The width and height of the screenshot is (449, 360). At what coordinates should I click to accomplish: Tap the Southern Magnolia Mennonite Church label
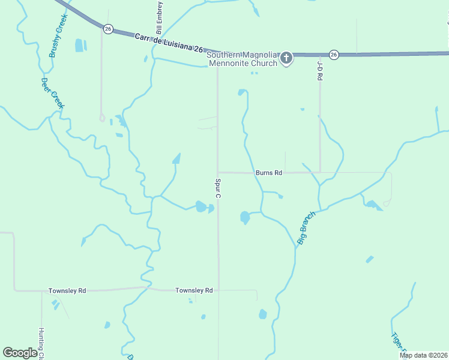pyautogui.click(x=242, y=59)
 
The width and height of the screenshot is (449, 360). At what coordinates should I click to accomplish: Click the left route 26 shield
pyautogui.click(x=108, y=29)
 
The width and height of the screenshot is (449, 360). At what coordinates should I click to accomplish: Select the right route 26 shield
pyautogui.click(x=334, y=55)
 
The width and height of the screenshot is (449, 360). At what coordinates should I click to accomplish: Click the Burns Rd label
pyautogui.click(x=268, y=173)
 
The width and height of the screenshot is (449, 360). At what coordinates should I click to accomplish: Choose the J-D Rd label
pyautogui.click(x=320, y=71)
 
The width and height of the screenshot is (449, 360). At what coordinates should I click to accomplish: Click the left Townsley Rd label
pyautogui.click(x=67, y=291)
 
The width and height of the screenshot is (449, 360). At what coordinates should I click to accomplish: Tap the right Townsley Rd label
pyautogui.click(x=194, y=290)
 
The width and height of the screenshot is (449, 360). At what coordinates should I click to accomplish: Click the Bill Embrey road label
pyautogui.click(x=160, y=17)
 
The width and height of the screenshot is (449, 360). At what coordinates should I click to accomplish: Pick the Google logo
pyautogui.click(x=20, y=353)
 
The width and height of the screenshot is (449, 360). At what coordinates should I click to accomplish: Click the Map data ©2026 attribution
pyautogui.click(x=423, y=355)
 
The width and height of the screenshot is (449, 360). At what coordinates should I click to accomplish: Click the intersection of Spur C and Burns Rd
pyautogui.click(x=218, y=173)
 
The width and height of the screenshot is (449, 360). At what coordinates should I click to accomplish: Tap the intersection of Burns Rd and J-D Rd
pyautogui.click(x=320, y=173)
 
